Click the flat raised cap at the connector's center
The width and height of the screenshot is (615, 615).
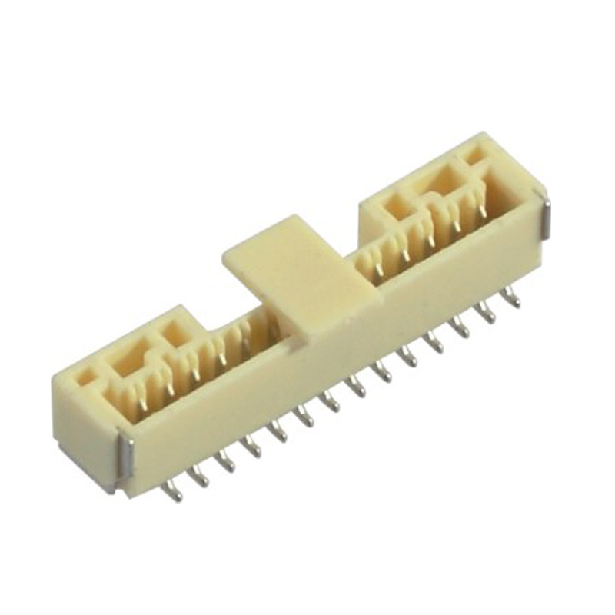tap(296, 273)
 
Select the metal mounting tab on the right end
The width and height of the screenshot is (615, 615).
tap(545, 218)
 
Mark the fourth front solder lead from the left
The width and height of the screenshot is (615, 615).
tap(251, 447)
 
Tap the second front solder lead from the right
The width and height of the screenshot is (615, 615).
tap(486, 311)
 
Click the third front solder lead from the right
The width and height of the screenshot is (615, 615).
tap(461, 326)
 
